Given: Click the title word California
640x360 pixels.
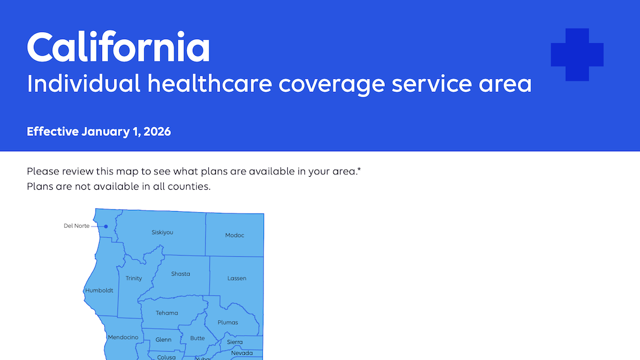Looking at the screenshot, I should [x=118, y=47].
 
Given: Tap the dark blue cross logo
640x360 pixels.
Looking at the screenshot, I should [x=577, y=55].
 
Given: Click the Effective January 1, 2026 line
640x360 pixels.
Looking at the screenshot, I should [x=98, y=132].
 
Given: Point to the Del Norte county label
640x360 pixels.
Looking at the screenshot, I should [x=77, y=226].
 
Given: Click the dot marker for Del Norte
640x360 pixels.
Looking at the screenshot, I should [x=106, y=226].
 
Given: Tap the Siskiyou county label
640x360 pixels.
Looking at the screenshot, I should [x=163, y=232].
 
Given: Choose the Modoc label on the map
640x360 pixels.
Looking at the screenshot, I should [x=234, y=235].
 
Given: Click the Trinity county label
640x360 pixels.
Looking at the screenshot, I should [x=133, y=278].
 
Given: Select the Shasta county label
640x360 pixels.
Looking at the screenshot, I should [x=180, y=274].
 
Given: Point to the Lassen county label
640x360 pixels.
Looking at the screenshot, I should [x=237, y=278].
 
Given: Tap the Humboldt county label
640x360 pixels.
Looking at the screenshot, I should [x=99, y=291].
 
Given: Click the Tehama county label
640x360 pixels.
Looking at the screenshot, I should [x=167, y=313].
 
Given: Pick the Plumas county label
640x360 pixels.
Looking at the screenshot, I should [x=228, y=323].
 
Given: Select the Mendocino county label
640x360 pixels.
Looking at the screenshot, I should [x=123, y=337].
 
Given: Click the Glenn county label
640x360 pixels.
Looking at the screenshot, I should [x=163, y=340].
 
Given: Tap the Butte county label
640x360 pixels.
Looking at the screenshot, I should [x=198, y=338].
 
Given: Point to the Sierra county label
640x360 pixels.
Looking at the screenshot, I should [x=235, y=342].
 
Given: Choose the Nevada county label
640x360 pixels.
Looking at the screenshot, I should [x=242, y=353].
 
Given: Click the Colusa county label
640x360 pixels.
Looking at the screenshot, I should [x=166, y=357].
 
